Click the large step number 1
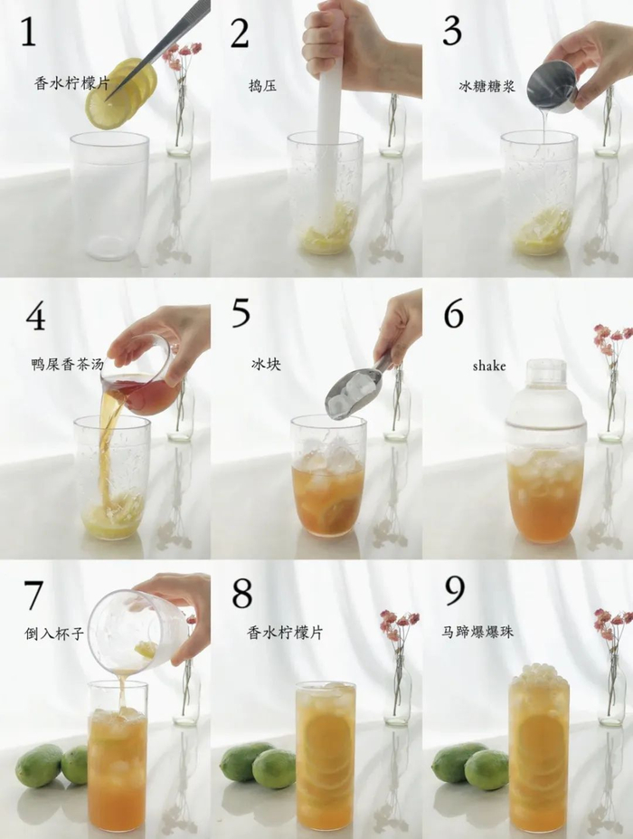click(x=28, y=32)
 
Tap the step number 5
click(x=241, y=313)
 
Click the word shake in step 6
click(x=488, y=366)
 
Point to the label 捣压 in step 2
click(x=262, y=86)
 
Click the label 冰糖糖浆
click(x=487, y=86)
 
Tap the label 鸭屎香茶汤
click(x=67, y=365)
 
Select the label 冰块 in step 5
click(x=266, y=365)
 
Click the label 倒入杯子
click(x=54, y=634)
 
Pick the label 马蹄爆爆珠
click(x=477, y=632)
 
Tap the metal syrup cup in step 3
click(x=552, y=86)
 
